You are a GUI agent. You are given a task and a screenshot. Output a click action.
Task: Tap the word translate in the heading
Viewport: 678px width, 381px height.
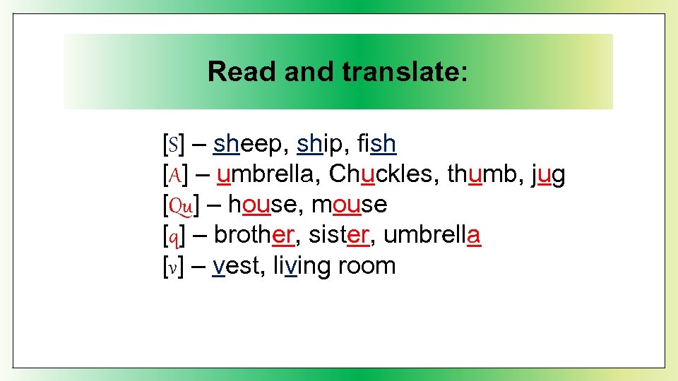(x=404, y=71)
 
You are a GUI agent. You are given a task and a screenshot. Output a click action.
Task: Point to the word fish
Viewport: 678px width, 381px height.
(x=377, y=145)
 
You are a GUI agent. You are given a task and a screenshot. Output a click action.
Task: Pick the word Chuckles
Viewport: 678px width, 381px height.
(x=383, y=174)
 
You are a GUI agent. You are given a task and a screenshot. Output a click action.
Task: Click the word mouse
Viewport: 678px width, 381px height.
(x=349, y=205)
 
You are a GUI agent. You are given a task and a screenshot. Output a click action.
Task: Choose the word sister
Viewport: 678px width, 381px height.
(x=338, y=235)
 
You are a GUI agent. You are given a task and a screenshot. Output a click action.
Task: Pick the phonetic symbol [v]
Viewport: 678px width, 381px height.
(x=172, y=267)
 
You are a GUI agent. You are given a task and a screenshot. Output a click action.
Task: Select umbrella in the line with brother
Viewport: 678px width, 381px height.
(x=432, y=235)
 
